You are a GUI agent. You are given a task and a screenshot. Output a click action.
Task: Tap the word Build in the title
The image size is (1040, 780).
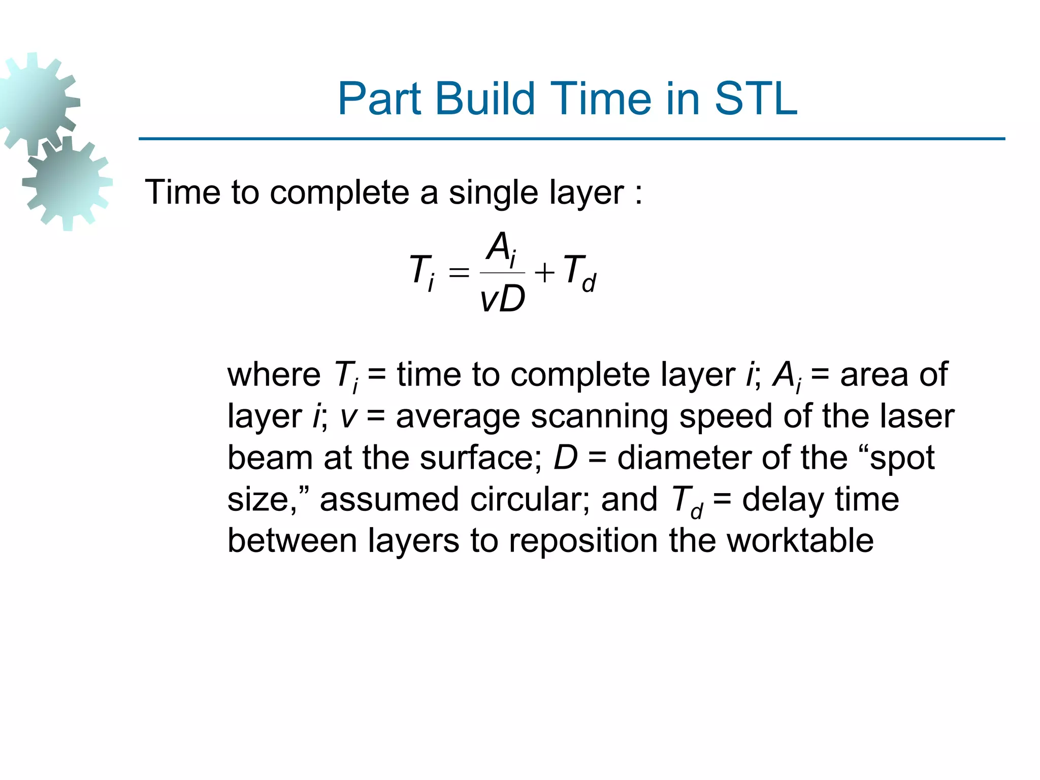[484, 99]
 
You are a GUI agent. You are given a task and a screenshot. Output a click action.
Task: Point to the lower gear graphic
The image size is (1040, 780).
[68, 183]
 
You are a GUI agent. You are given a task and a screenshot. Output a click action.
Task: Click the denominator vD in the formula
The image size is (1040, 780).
[502, 300]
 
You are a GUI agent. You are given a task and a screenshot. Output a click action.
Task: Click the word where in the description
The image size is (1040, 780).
[274, 375]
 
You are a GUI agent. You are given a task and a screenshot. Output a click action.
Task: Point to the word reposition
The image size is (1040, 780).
[583, 541]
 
